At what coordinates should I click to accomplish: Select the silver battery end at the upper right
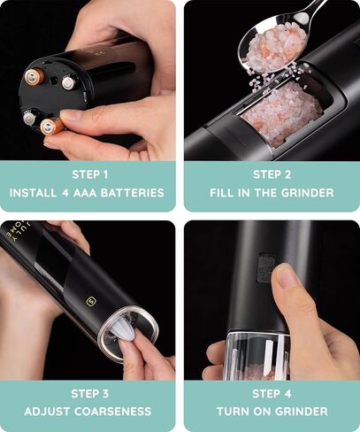[67, 82]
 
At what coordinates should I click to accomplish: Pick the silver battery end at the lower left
[29, 117]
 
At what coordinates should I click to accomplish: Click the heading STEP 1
[90, 174]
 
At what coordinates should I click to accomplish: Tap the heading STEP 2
[272, 174]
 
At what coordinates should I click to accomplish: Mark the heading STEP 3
[90, 393]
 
